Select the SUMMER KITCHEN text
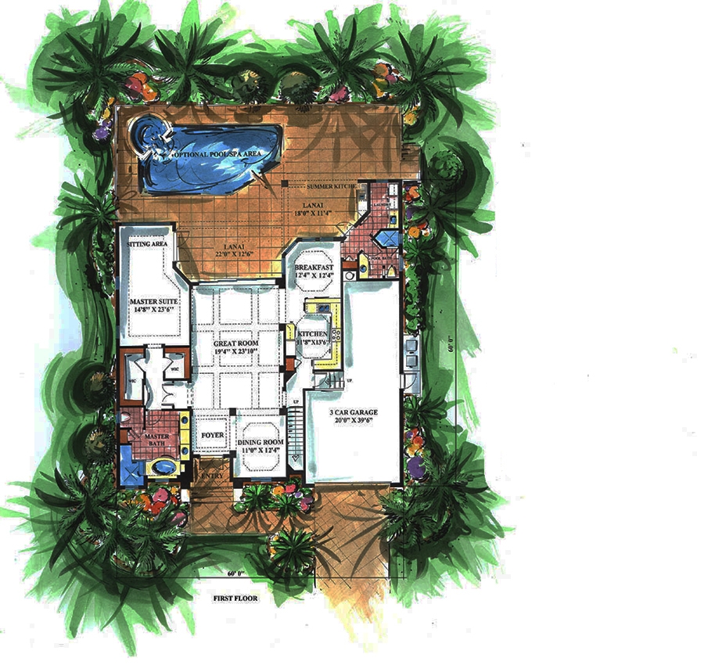332,187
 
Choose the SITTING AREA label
148,244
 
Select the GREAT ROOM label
235,347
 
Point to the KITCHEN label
312,338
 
